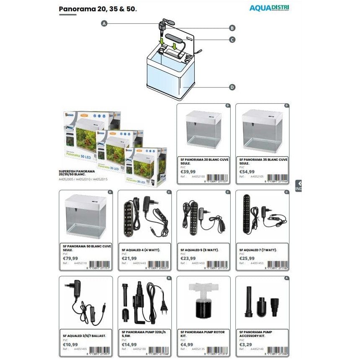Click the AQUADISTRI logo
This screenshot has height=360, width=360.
click(x=269, y=8)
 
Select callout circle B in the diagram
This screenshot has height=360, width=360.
click(x=232, y=28)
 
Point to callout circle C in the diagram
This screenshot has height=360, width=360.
click(x=232, y=40)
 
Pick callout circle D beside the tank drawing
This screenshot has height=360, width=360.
click(x=232, y=87)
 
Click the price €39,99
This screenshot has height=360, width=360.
click(x=188, y=172)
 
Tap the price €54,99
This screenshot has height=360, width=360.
click(x=247, y=172)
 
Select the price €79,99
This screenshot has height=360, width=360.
click(x=70, y=258)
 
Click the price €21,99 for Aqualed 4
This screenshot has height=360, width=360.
click(x=129, y=258)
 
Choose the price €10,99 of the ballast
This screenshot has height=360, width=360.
click(x=70, y=345)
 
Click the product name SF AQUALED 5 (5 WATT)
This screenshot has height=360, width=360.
click(x=200, y=250)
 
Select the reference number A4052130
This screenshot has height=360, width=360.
click(x=139, y=349)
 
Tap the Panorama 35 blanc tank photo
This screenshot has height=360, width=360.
click(x=262, y=131)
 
